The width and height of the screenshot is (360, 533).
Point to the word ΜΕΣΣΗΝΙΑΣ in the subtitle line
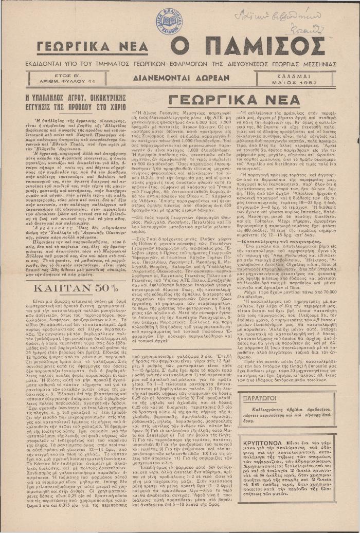tap(316, 65)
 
